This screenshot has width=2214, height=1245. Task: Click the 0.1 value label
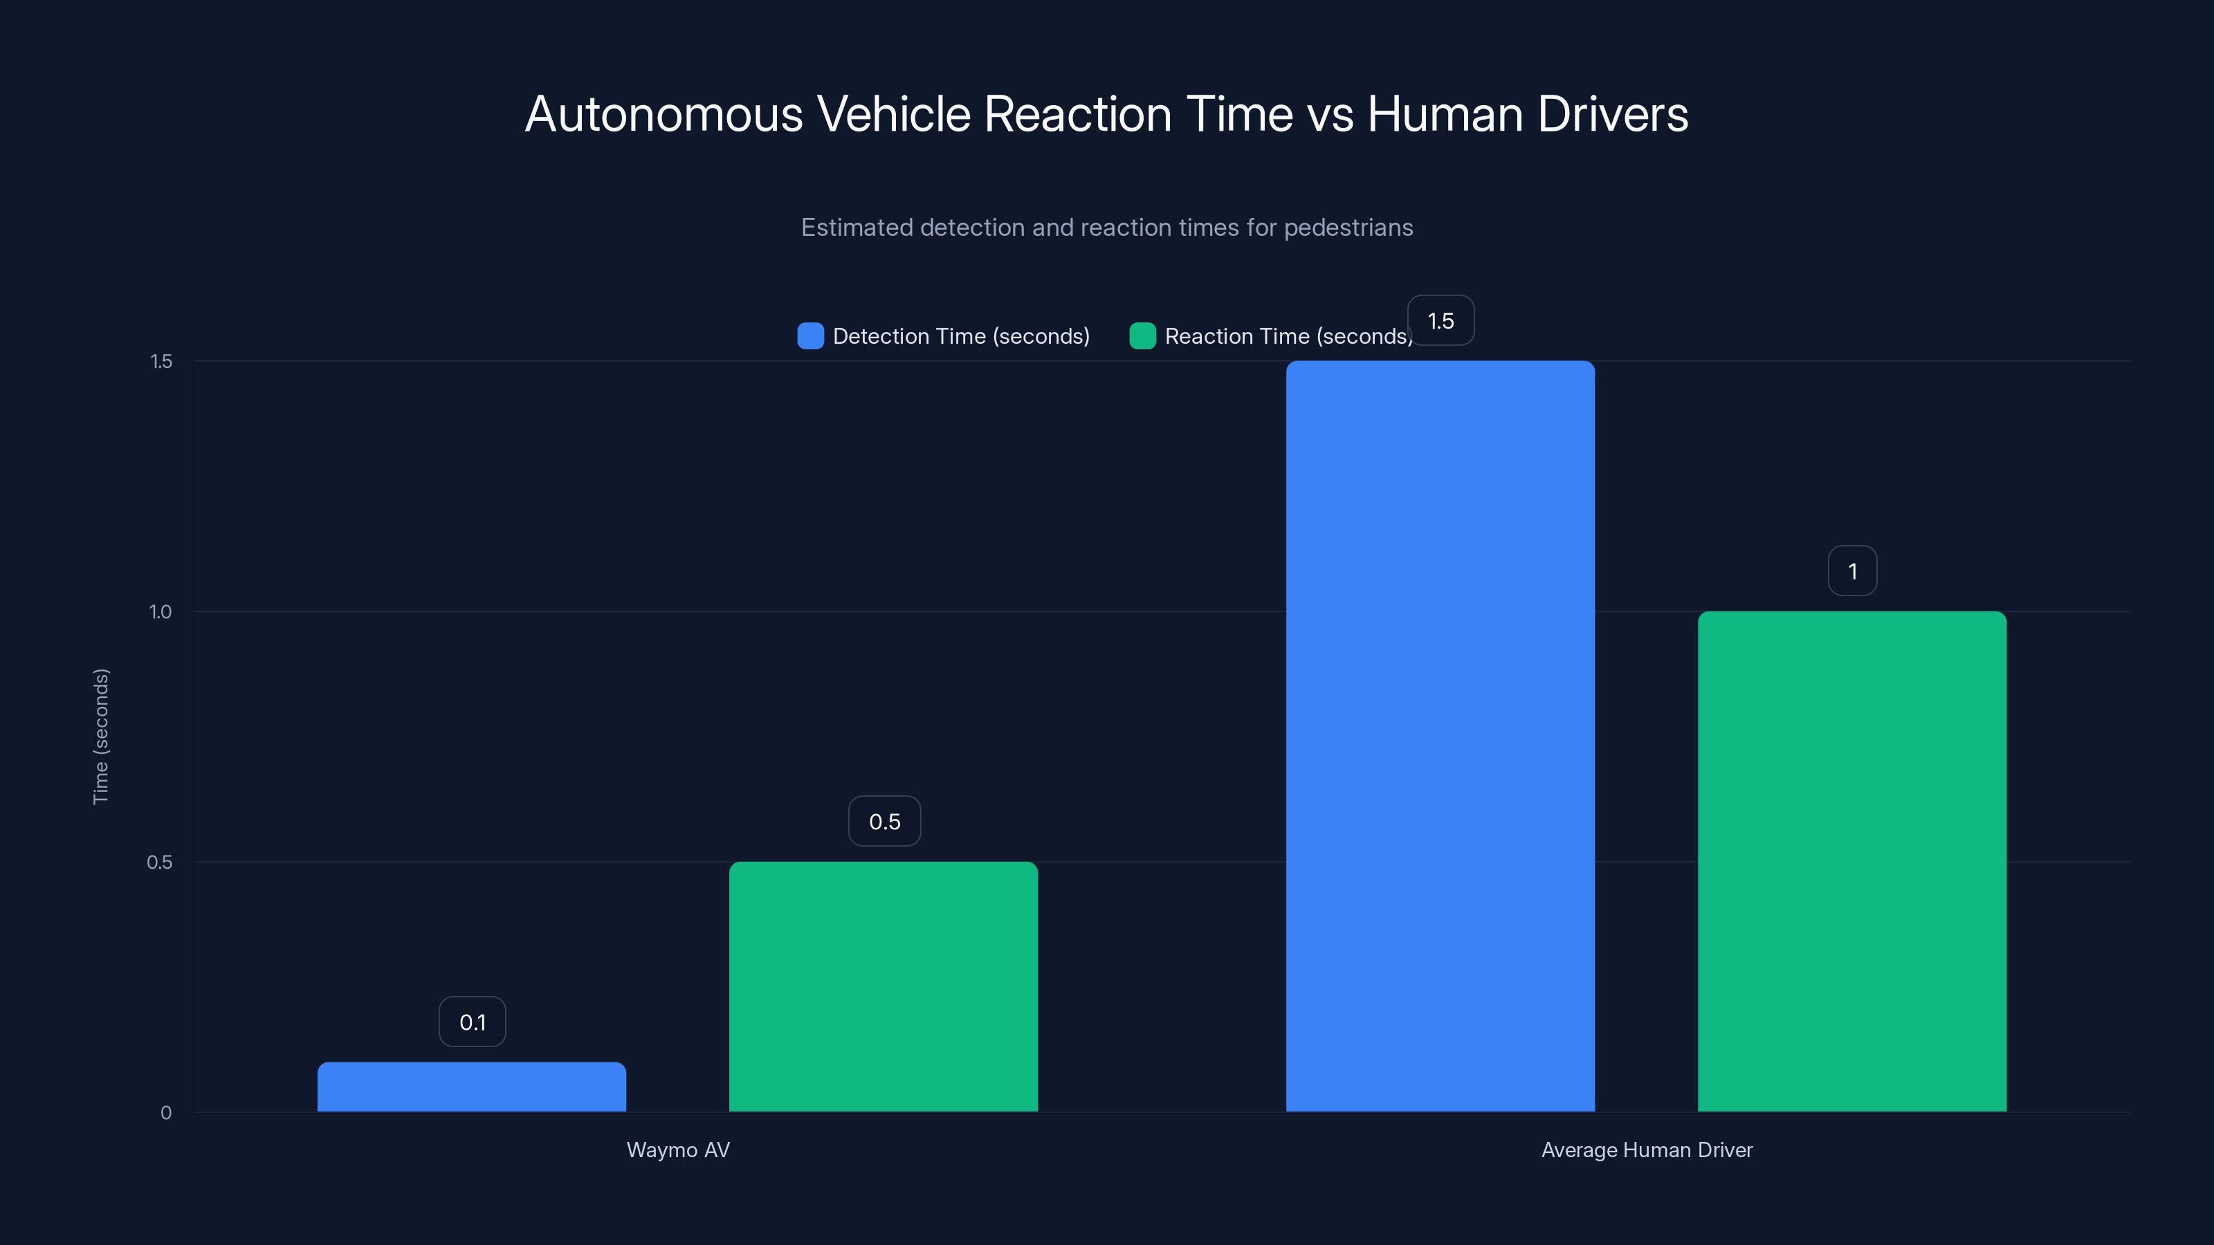tap(473, 1022)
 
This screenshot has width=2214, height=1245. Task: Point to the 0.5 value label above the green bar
tap(884, 822)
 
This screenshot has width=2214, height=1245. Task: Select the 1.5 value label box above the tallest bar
tap(1440, 320)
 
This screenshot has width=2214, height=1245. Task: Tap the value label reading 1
tap(1852, 571)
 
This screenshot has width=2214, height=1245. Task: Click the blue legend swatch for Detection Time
tap(810, 336)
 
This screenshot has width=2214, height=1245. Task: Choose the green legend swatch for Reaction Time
tap(1142, 336)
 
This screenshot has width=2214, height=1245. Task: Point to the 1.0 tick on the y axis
tap(160, 611)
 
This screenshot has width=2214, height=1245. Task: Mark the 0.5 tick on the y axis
tap(159, 862)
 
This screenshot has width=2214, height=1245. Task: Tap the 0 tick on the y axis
tap(166, 1113)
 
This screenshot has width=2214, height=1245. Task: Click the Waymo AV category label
tap(678, 1150)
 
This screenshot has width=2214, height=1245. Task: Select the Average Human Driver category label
tap(1646, 1150)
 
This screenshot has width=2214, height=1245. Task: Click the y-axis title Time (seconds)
tap(100, 737)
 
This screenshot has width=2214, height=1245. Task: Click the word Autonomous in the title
tap(664, 114)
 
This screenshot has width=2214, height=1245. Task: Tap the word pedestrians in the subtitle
tap(1348, 228)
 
